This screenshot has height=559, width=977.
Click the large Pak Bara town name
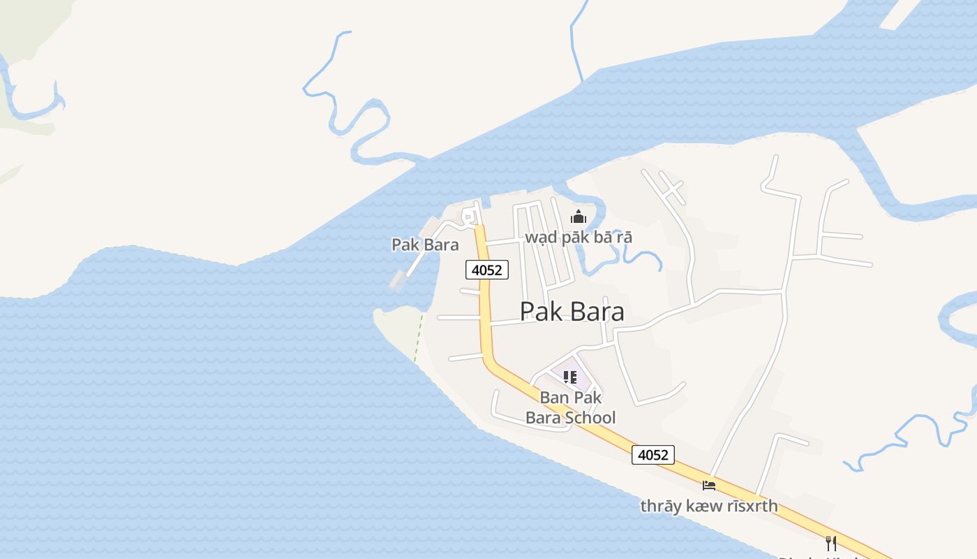point(572,312)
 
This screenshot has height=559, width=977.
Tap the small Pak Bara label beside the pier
point(425,245)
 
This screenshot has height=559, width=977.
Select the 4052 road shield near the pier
point(487,270)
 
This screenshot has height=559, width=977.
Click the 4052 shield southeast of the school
point(653,455)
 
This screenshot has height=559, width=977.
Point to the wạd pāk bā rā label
point(579,237)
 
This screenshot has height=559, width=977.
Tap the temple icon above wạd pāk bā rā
point(578,217)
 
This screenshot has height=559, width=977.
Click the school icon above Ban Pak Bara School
point(570,378)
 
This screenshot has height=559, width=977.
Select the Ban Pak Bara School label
point(570,407)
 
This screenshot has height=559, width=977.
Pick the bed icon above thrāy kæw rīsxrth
point(709,485)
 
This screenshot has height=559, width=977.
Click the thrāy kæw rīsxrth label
point(709,505)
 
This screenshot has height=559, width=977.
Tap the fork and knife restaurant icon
point(830,543)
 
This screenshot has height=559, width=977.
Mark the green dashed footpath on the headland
point(419,337)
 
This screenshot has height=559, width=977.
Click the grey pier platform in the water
point(397,281)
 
